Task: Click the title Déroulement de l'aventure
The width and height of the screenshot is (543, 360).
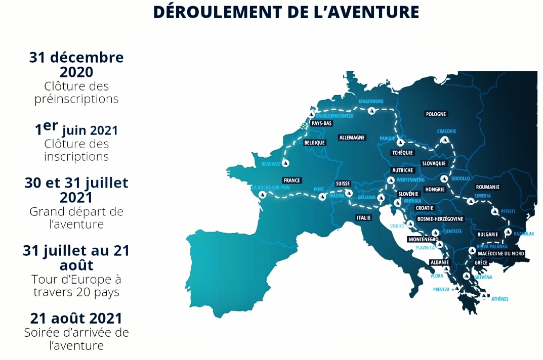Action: coord(286,12)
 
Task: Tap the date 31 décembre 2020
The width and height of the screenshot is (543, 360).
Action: coord(76,65)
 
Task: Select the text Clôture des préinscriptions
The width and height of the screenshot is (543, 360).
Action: coord(76,93)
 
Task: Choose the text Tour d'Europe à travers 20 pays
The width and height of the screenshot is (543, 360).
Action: coord(76,286)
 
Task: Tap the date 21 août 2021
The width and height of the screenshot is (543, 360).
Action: coord(76,319)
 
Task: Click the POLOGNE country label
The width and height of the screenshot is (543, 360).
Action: coord(436,114)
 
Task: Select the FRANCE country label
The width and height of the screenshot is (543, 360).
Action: coord(292,181)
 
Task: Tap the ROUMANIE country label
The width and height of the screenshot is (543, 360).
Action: coord(488,187)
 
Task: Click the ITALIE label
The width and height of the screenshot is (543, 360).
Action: coord(363,218)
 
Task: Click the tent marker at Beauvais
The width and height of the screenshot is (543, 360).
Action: coord(286,163)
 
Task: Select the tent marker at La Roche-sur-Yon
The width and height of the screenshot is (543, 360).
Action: coord(262,195)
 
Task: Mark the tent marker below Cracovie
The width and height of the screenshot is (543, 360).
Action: coord(445,140)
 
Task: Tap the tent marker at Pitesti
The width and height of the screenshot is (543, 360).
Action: coord(494,212)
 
